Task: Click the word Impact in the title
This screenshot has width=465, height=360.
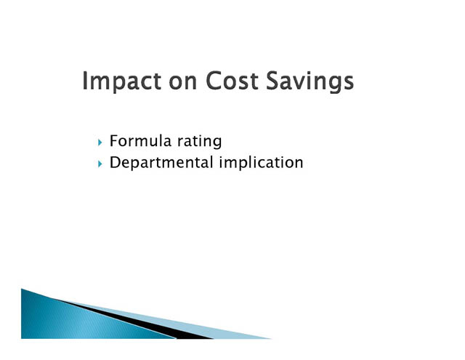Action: point(121,81)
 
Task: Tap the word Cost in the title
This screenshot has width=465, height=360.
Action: point(232,81)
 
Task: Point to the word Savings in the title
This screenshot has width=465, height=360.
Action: point(310,81)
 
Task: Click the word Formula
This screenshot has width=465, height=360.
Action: point(141,140)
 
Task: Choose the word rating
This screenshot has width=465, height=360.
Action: point(200,141)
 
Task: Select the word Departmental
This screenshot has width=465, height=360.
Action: point(161,163)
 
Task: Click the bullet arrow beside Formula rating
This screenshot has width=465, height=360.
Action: point(100,143)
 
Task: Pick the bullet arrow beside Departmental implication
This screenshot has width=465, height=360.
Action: point(100,164)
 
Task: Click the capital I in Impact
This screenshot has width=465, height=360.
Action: point(84,81)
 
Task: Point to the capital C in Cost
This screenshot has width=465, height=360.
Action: point(214,81)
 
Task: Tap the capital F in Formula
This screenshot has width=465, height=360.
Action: point(114,141)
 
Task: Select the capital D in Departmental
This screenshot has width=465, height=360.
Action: point(116,163)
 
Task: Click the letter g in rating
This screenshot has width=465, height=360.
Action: point(217,144)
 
